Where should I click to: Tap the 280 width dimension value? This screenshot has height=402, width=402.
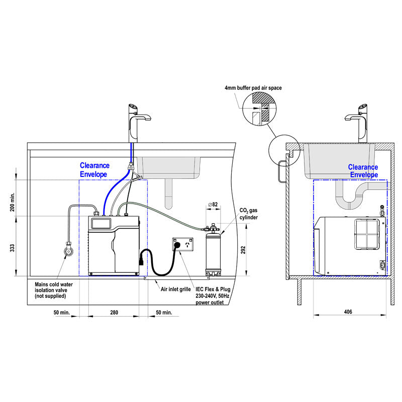click(114, 313)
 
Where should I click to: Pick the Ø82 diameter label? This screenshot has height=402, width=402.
click(213, 205)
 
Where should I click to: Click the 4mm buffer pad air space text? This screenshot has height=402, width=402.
click(253, 88)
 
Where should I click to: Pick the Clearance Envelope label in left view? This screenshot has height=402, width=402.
click(101, 169)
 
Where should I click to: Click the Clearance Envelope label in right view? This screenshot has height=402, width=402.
click(363, 171)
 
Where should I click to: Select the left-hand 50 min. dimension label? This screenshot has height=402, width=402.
click(62, 313)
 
